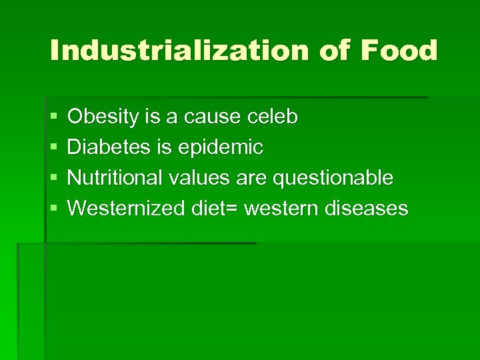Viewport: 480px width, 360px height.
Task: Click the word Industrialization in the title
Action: (179, 51)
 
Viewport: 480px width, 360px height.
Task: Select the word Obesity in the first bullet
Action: (105, 117)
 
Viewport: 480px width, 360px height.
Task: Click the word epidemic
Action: (219, 147)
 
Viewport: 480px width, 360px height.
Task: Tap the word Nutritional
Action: (115, 178)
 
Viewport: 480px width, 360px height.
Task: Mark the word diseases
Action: (366, 209)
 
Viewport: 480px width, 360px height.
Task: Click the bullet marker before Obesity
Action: (53, 118)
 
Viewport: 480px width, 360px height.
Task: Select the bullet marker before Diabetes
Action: (53, 148)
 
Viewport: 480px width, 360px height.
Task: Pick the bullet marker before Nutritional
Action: (53, 179)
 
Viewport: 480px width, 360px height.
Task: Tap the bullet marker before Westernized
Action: (53, 209)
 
